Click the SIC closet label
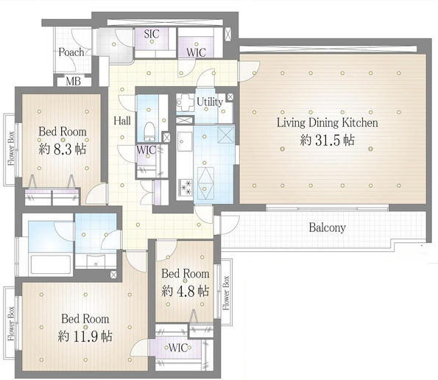[152, 34]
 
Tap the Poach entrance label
[71, 52]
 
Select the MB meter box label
[73, 81]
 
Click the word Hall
[122, 121]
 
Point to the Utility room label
[210, 102]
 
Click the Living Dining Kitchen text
[327, 123]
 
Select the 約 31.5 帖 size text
[327, 140]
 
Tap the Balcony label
[327, 228]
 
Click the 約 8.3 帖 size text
[63, 149]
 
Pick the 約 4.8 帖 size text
[186, 292]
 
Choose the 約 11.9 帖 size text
[85, 336]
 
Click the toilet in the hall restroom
[149, 132]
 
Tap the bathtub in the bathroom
[51, 264]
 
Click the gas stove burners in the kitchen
[186, 187]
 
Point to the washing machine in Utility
[186, 102]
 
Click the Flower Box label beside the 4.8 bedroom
[226, 293]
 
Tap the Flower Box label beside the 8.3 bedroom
[11, 148]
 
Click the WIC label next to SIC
[196, 52]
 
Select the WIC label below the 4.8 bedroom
[178, 348]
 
